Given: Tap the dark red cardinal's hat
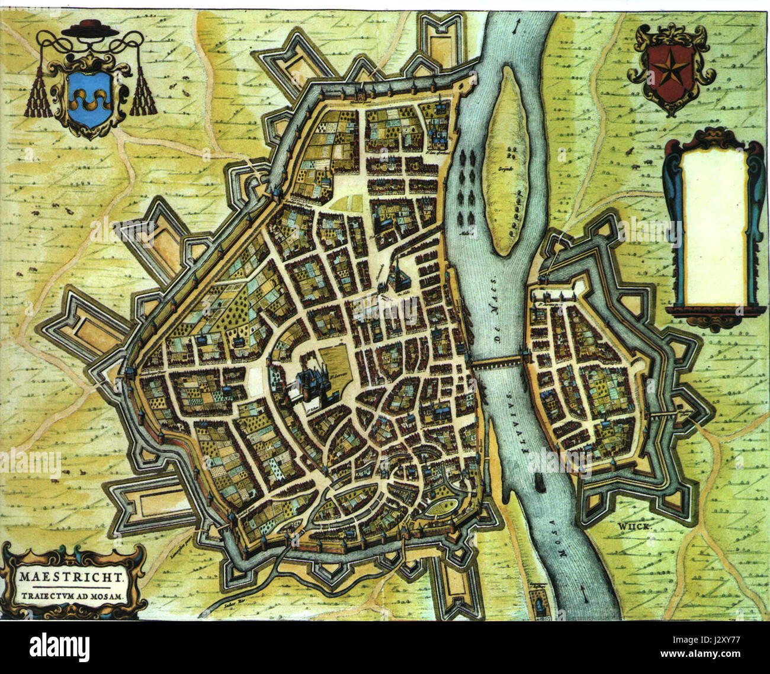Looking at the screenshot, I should tap(90, 26).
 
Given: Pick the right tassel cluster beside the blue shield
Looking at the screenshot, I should tap(143, 95).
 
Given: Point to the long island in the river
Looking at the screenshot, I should tap(505, 160).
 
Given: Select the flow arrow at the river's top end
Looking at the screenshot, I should tap(519, 27).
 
